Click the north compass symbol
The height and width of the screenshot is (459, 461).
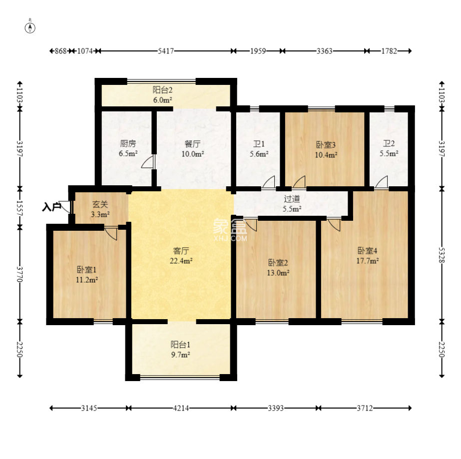tap(30, 27)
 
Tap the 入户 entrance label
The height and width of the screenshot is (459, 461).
tap(51, 207)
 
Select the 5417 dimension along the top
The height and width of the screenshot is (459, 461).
tap(166, 51)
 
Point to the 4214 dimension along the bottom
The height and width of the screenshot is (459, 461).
tap(181, 408)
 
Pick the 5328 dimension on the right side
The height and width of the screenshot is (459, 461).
tap(442, 255)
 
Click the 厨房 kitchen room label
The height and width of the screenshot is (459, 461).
tap(128, 143)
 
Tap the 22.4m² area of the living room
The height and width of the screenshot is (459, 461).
tap(181, 261)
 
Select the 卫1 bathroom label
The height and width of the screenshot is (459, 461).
tap(259, 144)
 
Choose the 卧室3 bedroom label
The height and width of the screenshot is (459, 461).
tap(326, 145)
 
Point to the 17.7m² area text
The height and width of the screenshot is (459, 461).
tap(368, 261)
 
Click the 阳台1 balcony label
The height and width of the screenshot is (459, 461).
tap(180, 344)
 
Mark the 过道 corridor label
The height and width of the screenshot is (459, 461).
tap(292, 199)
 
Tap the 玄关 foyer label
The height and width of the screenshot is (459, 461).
tap(100, 204)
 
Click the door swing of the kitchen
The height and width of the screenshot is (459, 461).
tap(148, 162)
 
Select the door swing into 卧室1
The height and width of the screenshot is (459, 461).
tap(111, 233)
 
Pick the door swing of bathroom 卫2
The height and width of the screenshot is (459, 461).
tap(381, 182)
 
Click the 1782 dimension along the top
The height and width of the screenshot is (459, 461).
tap(389, 51)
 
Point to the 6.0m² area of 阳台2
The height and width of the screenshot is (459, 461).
tap(163, 100)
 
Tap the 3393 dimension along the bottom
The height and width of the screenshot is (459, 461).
tap(276, 408)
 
